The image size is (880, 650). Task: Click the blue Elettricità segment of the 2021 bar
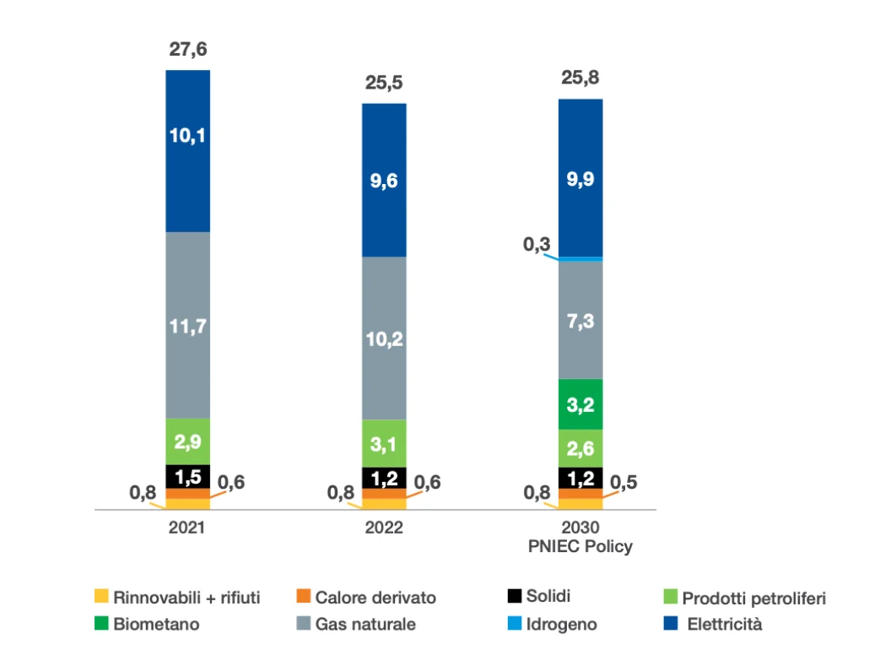[x=187, y=151]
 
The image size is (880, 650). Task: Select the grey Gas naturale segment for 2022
[x=384, y=339]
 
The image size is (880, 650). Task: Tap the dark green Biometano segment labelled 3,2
[x=580, y=404]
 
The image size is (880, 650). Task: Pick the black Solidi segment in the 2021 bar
[x=187, y=477]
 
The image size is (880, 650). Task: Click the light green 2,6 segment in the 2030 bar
[x=580, y=448]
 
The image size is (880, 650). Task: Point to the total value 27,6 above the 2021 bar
[x=188, y=50]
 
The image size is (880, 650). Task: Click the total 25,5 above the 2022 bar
[x=384, y=83]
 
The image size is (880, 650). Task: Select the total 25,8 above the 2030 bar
[x=580, y=78]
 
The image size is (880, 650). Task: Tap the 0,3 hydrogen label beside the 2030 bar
[x=537, y=244]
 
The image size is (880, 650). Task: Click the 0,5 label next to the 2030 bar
[x=624, y=482]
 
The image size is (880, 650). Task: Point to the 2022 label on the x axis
[x=384, y=528]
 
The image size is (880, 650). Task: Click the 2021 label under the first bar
[x=187, y=528]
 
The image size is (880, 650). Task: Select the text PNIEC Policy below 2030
[x=580, y=546]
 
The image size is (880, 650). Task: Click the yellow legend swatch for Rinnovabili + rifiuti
[x=101, y=596]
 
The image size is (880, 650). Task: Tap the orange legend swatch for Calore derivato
[x=304, y=596]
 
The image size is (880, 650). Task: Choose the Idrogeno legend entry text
[x=561, y=624]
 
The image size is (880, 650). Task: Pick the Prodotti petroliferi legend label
[x=753, y=599]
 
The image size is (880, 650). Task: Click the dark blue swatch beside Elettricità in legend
[x=671, y=623]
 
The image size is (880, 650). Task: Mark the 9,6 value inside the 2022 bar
[x=384, y=181]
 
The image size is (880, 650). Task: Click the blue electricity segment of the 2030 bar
[x=580, y=178]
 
